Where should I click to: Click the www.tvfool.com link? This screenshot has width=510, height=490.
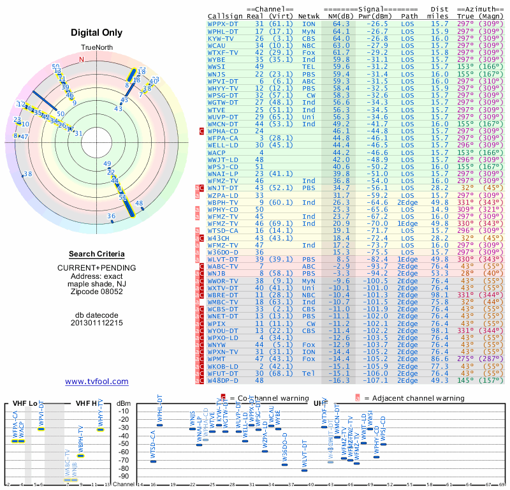tap(97, 382)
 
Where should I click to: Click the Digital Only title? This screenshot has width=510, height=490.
tap(97, 33)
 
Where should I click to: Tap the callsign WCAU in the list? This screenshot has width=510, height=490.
tap(217, 45)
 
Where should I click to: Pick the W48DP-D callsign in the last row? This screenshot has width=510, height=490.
tap(223, 380)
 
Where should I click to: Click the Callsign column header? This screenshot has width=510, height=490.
tap(225, 15)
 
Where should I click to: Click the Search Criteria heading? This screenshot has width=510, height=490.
tap(97, 254)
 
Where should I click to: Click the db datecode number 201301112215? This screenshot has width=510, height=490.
tap(97, 323)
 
